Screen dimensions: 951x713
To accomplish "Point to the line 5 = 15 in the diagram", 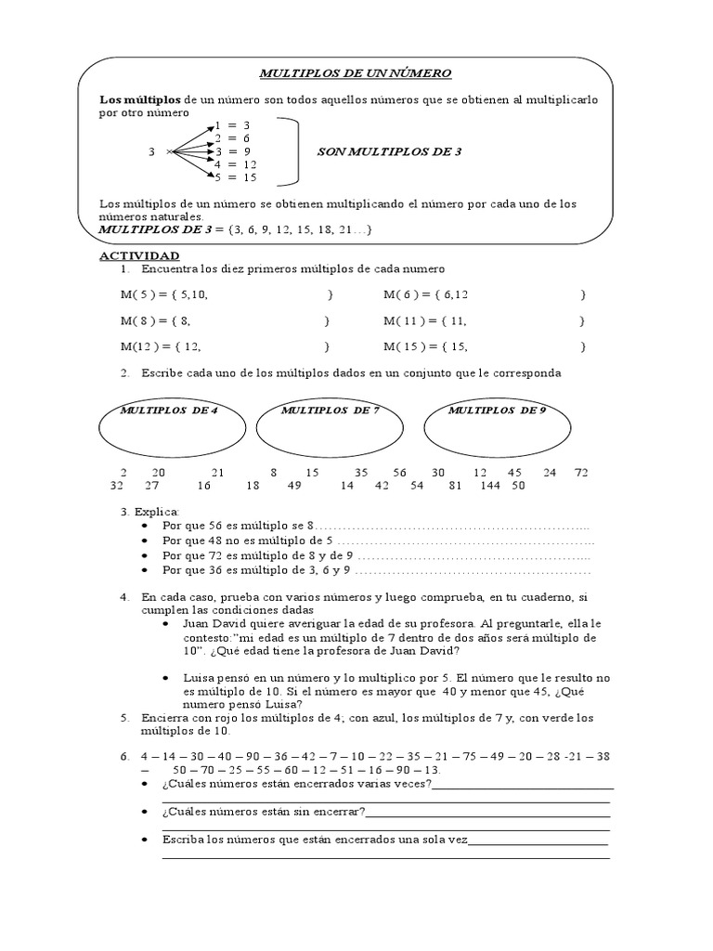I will click(237, 176).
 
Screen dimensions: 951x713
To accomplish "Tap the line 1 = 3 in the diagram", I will click(232, 124).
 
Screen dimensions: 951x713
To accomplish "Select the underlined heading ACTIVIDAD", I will click(139, 255).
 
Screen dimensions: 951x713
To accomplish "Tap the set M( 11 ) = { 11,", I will click(425, 321).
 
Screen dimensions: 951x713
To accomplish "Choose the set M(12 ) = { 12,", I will click(160, 347).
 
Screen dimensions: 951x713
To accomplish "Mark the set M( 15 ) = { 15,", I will click(425, 347).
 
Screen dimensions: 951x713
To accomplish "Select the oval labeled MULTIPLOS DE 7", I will click(330, 427).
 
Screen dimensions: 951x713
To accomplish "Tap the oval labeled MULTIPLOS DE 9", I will click(497, 427).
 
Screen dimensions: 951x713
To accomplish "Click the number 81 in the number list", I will click(455, 485).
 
